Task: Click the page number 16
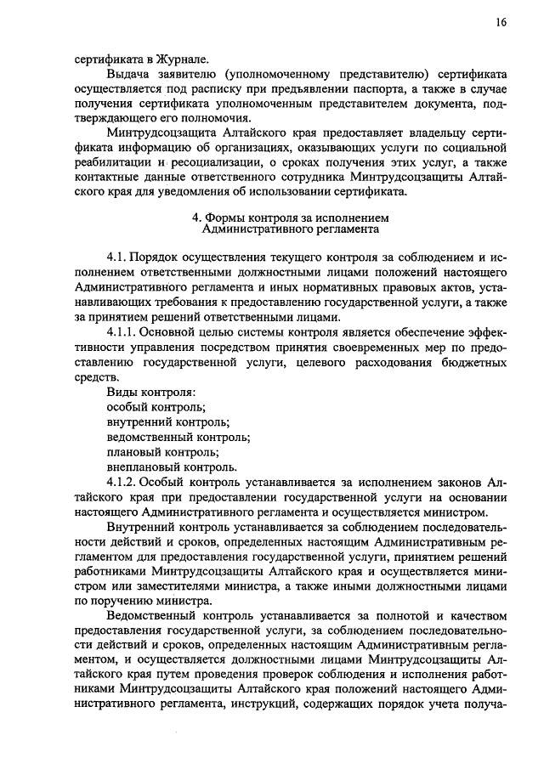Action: (x=501, y=23)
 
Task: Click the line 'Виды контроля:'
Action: (x=151, y=392)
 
